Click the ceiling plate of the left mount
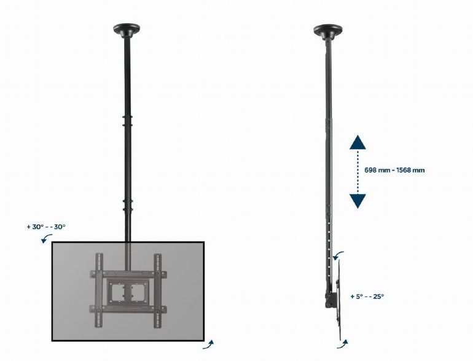(x=126, y=29)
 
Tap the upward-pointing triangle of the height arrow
(x=358, y=144)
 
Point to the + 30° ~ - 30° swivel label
(x=46, y=227)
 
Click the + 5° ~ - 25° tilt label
(x=367, y=296)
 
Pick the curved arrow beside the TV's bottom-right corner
(x=211, y=343)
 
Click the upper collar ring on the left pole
(x=127, y=118)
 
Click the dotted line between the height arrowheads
(x=358, y=172)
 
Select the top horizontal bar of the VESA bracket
(x=127, y=271)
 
